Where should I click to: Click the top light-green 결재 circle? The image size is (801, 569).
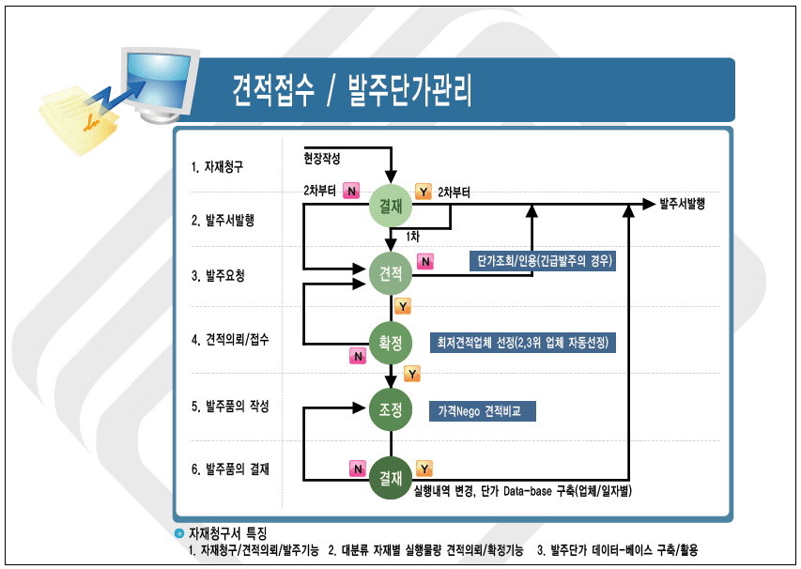pos(391,207)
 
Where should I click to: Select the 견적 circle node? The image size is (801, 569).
pos(391,274)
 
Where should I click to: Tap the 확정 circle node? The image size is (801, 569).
pos(391,343)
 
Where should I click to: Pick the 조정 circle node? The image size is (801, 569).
pos(391,410)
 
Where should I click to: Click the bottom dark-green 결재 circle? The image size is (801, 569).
pos(391,478)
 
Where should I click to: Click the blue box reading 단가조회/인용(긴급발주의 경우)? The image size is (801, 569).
pos(544,262)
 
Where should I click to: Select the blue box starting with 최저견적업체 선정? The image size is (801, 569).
pos(521,343)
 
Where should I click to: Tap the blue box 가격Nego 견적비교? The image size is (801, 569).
pos(483,411)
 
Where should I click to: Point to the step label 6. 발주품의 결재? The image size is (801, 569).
pos(230,469)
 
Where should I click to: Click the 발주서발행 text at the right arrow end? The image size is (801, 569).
pos(682,203)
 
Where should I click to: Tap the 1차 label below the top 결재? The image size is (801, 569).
pos(412,236)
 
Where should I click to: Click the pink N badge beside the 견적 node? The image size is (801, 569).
pos(425,262)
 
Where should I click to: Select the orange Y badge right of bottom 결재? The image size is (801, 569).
pos(424,468)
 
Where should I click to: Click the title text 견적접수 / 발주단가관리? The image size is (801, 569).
pos(352,91)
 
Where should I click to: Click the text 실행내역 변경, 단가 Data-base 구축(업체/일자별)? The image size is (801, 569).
pos(521,490)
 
